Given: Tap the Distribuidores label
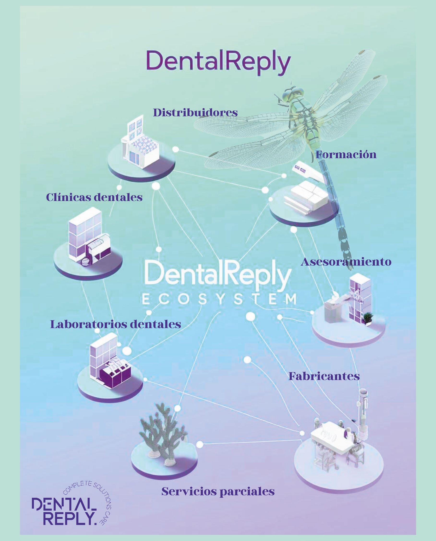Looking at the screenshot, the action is [195, 113].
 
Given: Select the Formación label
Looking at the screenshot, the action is [346, 154].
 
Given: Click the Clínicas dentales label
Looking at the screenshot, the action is [94, 197].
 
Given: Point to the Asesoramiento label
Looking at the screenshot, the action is [346, 262].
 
